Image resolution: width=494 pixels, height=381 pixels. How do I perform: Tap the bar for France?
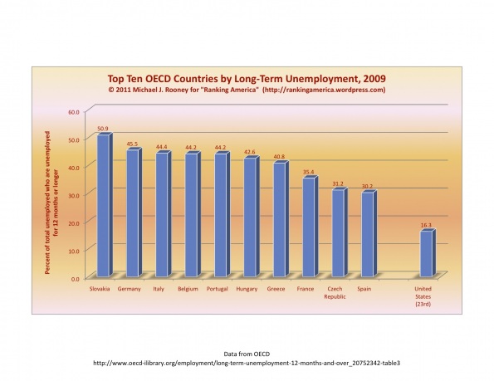311,227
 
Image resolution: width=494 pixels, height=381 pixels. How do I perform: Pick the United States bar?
428,253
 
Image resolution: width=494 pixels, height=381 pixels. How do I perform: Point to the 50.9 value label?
103,129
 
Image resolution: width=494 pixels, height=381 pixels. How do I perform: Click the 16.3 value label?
426,225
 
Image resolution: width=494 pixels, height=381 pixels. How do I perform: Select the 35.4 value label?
308,172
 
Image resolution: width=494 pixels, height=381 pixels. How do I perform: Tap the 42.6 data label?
250,152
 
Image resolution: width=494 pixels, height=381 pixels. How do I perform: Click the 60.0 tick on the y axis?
73,112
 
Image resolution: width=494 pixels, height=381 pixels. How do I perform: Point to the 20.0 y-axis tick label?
73,223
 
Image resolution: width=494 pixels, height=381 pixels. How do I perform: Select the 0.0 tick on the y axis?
75,279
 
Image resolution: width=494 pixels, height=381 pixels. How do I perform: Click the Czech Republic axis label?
335,292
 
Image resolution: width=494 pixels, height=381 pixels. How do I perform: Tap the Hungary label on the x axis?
247,289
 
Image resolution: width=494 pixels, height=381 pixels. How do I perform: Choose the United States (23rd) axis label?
423,296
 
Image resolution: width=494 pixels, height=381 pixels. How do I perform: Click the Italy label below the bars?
159,289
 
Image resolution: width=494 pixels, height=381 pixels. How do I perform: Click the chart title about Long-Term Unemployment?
247,78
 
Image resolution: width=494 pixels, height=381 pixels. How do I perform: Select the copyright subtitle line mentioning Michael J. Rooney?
247,90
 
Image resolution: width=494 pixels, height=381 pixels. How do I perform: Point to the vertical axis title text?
51,203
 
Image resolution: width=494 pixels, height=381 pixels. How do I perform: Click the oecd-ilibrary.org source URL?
247,363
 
